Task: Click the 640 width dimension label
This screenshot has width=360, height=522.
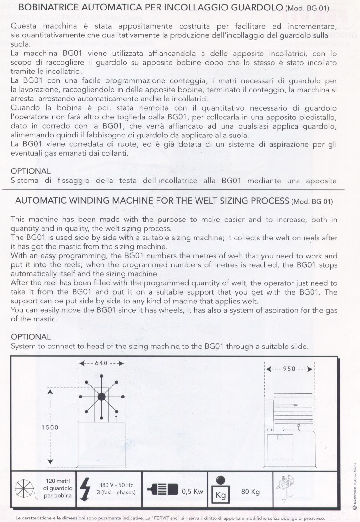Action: tap(101, 363)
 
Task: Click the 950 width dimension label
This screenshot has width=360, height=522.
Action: tap(289, 369)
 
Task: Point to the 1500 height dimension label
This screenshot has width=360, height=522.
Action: tap(50, 427)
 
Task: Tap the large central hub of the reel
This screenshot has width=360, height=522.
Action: tap(101, 397)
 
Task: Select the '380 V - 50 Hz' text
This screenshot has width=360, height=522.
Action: tap(116, 485)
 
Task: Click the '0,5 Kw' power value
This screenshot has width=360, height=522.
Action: tap(193, 492)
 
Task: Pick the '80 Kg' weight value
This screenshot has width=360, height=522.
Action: tap(250, 492)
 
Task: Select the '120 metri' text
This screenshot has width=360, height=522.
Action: tap(58, 481)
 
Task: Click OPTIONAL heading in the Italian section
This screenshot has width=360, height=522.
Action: tap(31, 171)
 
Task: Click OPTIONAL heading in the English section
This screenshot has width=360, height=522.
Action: tap(31, 337)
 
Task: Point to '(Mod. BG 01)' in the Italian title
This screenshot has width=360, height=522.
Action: tap(307, 8)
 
